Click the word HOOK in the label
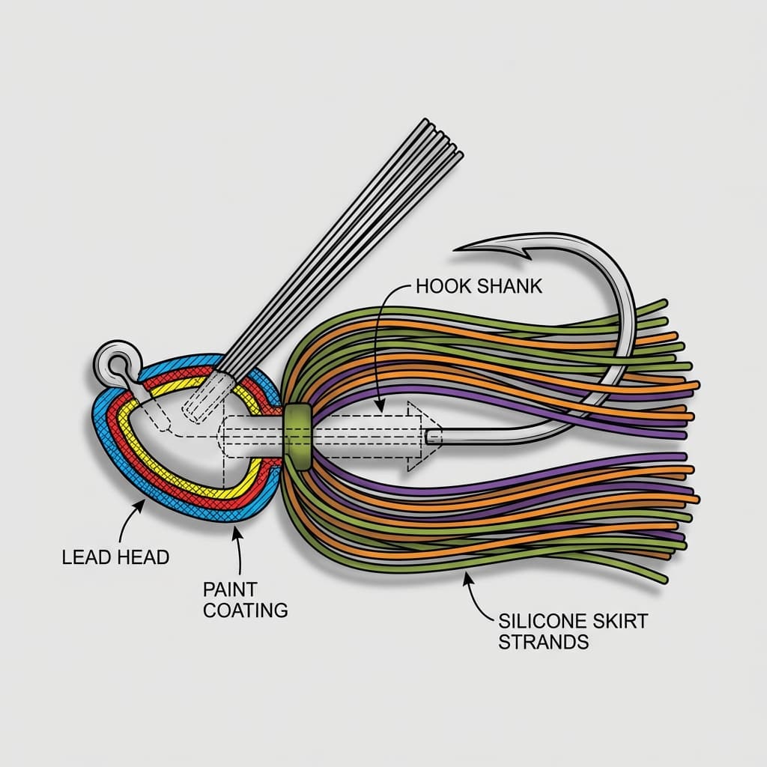(440, 287)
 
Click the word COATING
(245, 610)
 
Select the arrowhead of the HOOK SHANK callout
(381, 409)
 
